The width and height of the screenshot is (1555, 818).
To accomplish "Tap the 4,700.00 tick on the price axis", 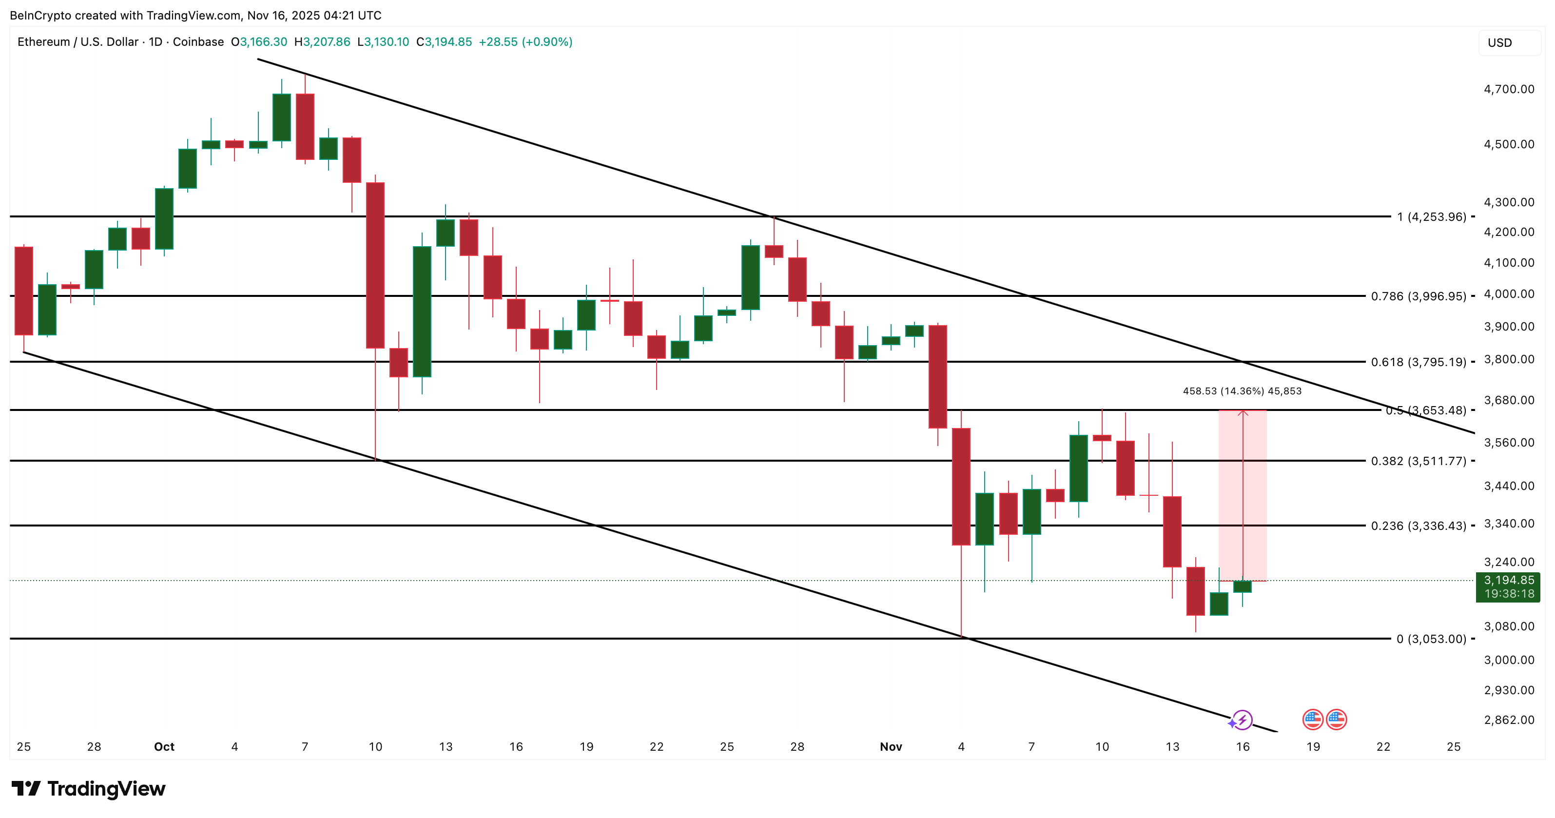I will click(x=1509, y=89).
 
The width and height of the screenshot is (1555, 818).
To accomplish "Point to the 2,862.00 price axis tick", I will click(x=1509, y=720).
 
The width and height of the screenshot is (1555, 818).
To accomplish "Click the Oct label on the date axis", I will click(x=164, y=747).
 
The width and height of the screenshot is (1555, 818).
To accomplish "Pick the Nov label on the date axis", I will click(x=891, y=747).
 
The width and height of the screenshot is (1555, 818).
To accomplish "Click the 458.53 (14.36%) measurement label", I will click(x=1242, y=391).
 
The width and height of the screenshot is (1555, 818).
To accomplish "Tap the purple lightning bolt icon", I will click(x=1243, y=720).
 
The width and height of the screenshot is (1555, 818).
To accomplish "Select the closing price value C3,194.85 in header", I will click(x=444, y=41).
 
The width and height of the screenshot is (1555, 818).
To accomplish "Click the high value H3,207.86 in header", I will click(x=322, y=41).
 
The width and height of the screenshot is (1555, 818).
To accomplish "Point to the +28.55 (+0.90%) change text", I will click(x=525, y=41).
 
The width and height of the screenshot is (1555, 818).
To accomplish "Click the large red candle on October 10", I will click(x=375, y=266).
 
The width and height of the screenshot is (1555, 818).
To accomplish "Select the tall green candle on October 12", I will click(x=422, y=312).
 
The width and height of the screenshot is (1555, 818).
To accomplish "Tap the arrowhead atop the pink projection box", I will click(x=1243, y=413).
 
